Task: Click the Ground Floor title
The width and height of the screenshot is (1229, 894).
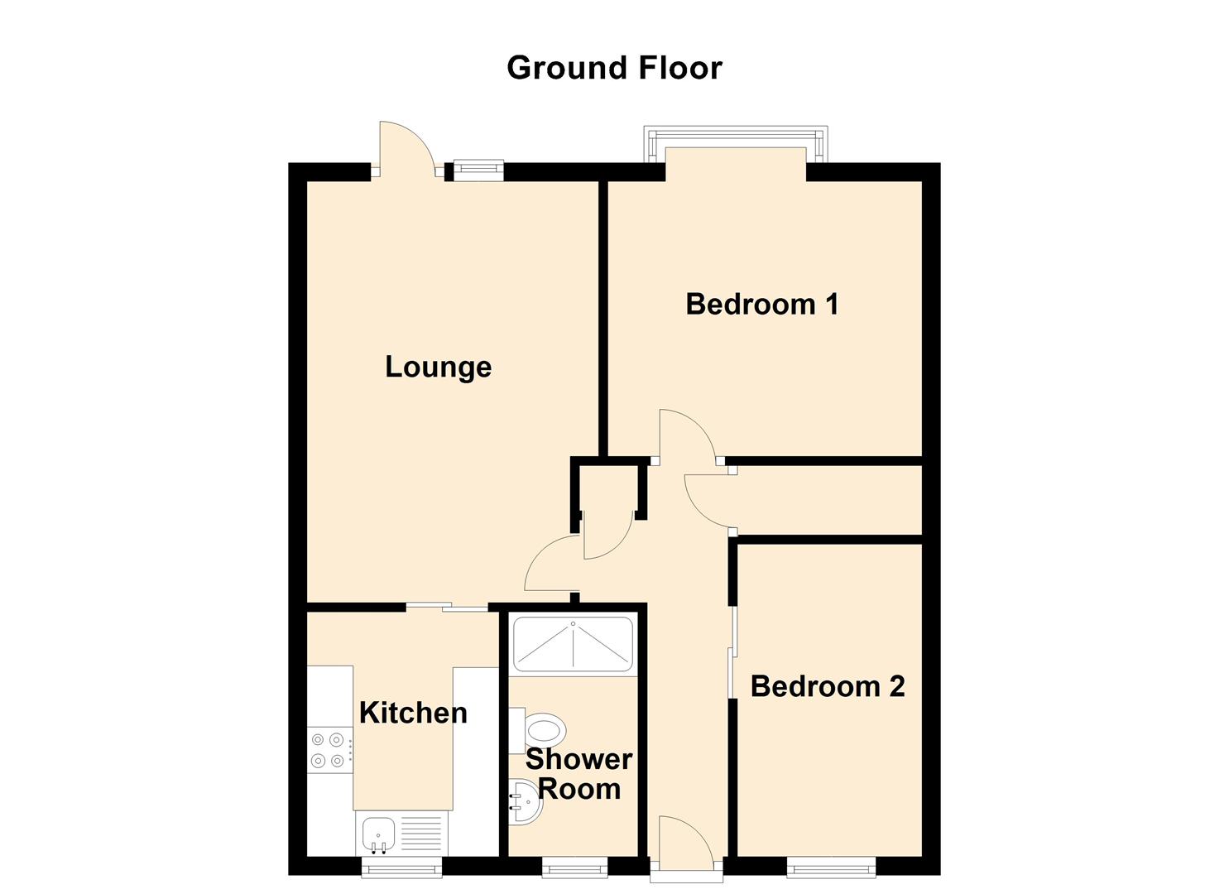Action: click(x=614, y=68)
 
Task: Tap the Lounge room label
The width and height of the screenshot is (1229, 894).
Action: click(x=438, y=367)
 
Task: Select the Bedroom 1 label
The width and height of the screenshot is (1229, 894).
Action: click(x=762, y=304)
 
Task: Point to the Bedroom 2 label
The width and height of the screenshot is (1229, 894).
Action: click(x=827, y=686)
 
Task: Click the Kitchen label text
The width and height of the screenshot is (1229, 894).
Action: click(x=413, y=713)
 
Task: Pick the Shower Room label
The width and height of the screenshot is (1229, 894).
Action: click(x=578, y=773)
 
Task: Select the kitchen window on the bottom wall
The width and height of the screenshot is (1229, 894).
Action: click(x=402, y=867)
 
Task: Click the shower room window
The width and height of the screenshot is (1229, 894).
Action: click(x=574, y=867)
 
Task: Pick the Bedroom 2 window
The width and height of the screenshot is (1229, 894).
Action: click(x=831, y=867)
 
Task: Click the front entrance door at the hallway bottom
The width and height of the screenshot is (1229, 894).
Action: click(x=684, y=843)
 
